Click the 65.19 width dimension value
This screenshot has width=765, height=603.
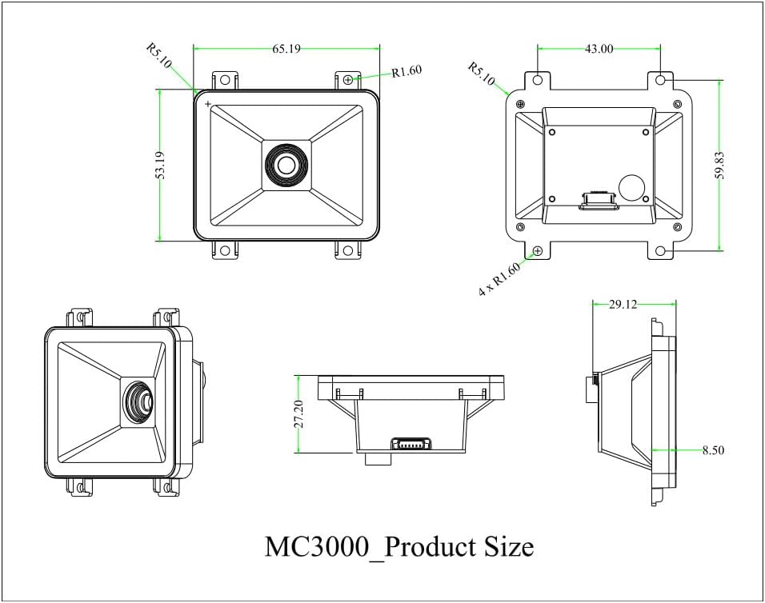coord(286,49)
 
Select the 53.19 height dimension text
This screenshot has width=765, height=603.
coord(160,165)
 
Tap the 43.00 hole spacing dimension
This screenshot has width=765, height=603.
coord(599,49)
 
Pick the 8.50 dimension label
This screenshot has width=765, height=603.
coord(712,450)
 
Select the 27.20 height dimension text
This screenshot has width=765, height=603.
coord(298,413)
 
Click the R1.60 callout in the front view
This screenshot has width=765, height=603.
coord(407,71)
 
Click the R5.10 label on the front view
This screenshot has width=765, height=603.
coord(159,57)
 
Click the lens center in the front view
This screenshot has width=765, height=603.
coord(286,166)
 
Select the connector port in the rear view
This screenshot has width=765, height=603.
coord(597,200)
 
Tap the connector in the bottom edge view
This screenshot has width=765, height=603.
coord(409,445)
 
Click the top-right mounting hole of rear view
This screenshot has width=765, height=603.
coord(661,81)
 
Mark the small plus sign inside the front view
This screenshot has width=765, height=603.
coord(208,104)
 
